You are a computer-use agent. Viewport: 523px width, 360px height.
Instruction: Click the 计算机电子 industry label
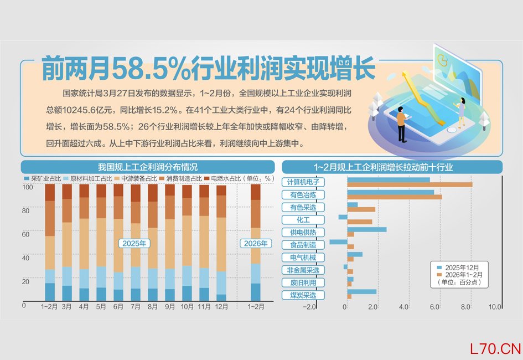pos(303,182)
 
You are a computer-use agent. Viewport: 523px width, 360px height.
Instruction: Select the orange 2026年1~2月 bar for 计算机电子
pos(410,184)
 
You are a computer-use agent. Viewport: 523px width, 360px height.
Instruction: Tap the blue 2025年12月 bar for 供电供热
pos(367,229)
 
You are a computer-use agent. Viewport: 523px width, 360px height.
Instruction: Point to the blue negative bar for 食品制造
pos(338,242)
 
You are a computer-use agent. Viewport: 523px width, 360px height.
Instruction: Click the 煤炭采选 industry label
pos(303,295)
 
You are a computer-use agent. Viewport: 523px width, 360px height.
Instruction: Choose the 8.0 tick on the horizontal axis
pos(465,307)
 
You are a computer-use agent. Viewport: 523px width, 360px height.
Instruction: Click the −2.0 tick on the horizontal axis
pos(309,307)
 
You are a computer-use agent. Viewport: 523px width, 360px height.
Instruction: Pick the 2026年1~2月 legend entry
pos(460,275)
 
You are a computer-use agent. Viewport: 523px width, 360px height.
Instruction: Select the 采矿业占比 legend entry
pos(43,178)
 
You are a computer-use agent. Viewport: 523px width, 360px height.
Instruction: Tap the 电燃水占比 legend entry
pos(222,178)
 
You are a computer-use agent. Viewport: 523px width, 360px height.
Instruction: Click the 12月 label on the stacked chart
pos(221,306)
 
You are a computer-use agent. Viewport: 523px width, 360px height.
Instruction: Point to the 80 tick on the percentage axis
pos(25,210)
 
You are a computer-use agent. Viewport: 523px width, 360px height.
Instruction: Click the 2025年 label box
pos(134,243)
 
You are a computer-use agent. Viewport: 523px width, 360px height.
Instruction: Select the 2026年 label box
pos(256,243)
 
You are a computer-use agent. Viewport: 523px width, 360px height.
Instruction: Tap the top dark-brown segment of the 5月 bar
pos(101,191)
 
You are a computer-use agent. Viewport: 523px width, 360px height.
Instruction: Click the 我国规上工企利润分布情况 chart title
pos(148,167)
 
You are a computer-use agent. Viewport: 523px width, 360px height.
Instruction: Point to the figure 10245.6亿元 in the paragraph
pos(89,110)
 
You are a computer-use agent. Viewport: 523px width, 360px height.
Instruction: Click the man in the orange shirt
pos(402,124)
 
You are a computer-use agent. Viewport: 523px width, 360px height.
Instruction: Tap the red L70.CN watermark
pos(495,349)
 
